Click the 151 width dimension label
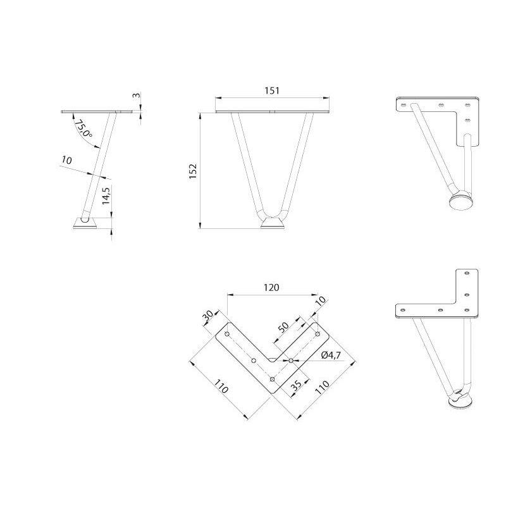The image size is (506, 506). [x=272, y=90]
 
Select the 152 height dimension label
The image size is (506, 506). [x=193, y=171]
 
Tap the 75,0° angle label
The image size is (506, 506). [x=83, y=128]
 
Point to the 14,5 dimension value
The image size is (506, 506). [x=106, y=195]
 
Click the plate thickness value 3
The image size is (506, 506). [x=137, y=96]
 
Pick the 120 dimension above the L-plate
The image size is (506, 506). [x=271, y=287]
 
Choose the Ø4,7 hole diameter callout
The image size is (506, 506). [x=331, y=355]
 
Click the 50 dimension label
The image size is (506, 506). [x=283, y=327]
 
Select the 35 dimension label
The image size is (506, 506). [x=296, y=385]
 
